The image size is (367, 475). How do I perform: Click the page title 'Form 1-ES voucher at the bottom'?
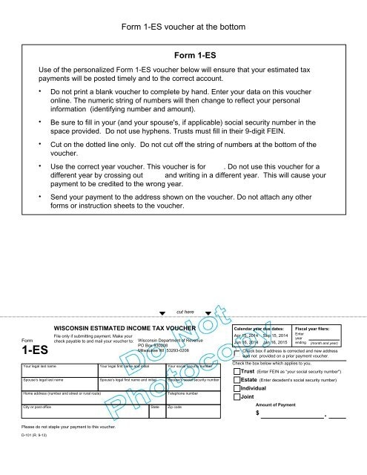tap(183, 28)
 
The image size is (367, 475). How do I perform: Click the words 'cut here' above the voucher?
tap(185, 312)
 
